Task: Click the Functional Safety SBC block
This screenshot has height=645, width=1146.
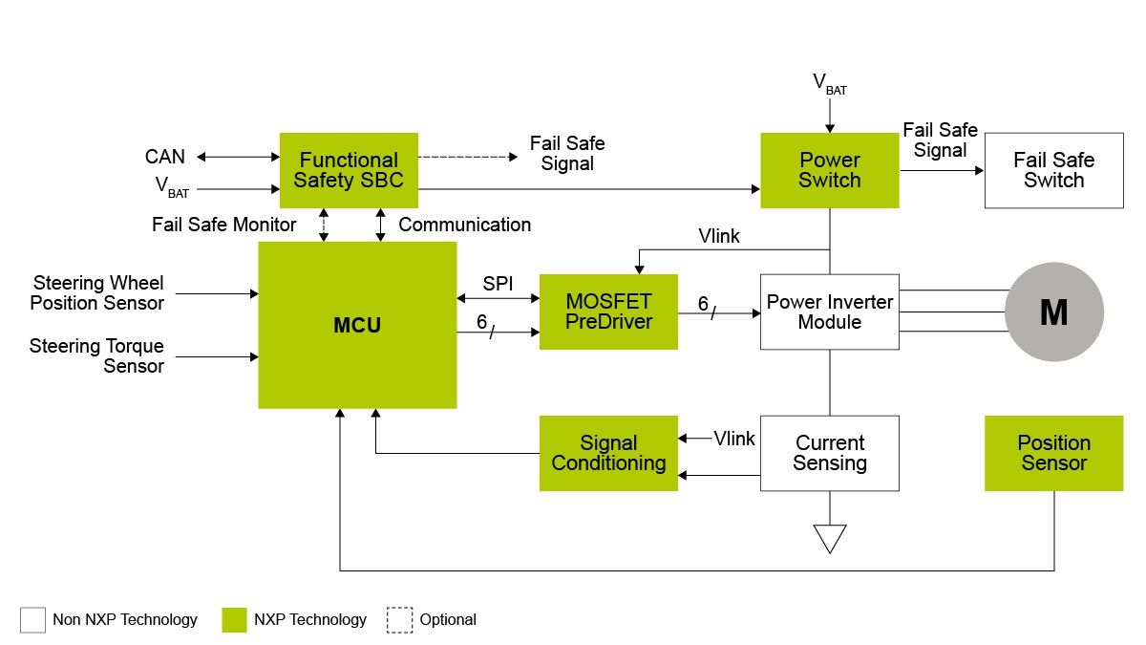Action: pyautogui.click(x=349, y=170)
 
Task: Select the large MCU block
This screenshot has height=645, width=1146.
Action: pyautogui.click(x=357, y=325)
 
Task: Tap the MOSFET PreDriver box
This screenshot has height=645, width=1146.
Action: pyautogui.click(x=608, y=312)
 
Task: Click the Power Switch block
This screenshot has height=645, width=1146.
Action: pyautogui.click(x=829, y=170)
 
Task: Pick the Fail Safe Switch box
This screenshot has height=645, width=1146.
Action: pyautogui.click(x=1053, y=170)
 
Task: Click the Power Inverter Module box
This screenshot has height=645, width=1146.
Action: pyautogui.click(x=829, y=312)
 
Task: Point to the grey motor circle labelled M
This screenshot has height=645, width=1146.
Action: pyautogui.click(x=1053, y=312)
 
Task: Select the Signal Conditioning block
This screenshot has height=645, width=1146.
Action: pyautogui.click(x=608, y=453)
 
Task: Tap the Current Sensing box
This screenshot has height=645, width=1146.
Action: pyautogui.click(x=829, y=453)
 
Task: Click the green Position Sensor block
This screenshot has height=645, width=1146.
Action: pyautogui.click(x=1053, y=453)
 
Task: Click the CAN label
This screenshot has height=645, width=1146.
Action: pyautogui.click(x=165, y=157)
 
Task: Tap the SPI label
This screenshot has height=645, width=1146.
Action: pyautogui.click(x=497, y=285)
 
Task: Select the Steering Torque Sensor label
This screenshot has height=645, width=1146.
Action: pyautogui.click(x=96, y=355)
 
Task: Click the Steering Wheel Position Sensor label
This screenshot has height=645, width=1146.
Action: pyautogui.click(x=97, y=293)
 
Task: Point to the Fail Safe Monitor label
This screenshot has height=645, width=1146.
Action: pyautogui.click(x=224, y=225)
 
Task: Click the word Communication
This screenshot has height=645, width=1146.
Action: pyautogui.click(x=464, y=225)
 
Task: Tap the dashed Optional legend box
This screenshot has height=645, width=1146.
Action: pyautogui.click(x=399, y=620)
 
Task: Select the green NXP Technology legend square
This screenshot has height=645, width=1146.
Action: pyautogui.click(x=234, y=620)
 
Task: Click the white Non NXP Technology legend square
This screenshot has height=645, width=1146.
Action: pyautogui.click(x=32, y=620)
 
